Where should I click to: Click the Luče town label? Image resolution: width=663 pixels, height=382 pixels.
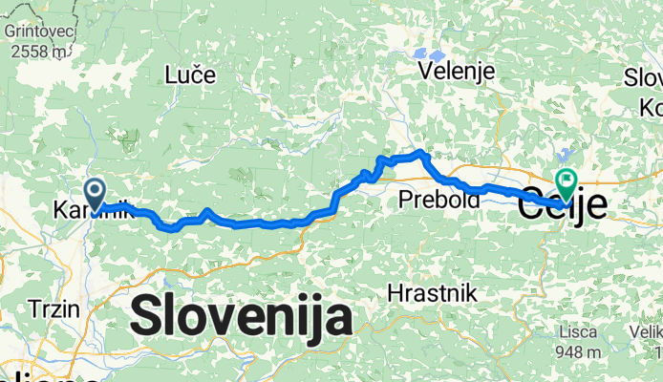point(190,74)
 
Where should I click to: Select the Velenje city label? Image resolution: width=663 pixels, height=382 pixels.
point(456,72)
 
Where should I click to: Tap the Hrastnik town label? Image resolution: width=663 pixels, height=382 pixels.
point(432,293)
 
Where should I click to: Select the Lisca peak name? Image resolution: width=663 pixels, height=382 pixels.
point(581,331)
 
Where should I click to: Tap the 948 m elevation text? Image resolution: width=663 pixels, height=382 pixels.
point(581,351)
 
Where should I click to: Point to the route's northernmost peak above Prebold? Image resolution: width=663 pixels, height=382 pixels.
point(420,152)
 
